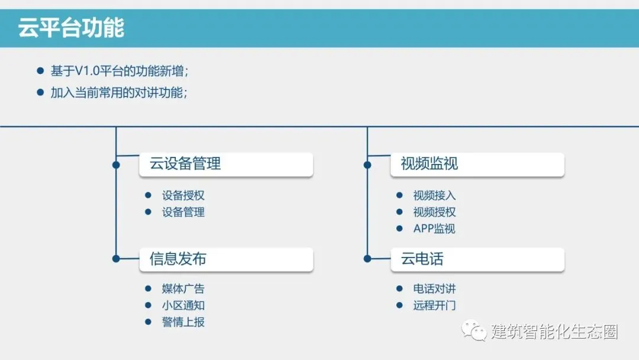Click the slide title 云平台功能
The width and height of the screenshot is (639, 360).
click(x=71, y=28)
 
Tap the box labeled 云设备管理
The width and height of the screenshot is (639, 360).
click(x=225, y=164)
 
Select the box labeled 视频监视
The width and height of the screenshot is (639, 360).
click(x=477, y=164)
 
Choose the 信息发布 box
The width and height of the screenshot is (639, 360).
click(x=225, y=259)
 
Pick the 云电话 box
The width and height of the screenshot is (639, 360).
click(x=477, y=259)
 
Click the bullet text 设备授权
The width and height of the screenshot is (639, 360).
click(x=183, y=195)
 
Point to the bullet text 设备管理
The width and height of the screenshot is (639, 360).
click(x=183, y=212)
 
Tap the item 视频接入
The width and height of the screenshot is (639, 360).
click(x=434, y=195)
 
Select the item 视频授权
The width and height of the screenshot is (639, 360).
click(x=434, y=212)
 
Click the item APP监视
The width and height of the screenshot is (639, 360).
click(x=434, y=229)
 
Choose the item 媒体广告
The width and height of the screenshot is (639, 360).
click(x=183, y=289)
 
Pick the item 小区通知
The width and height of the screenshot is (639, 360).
click(x=183, y=306)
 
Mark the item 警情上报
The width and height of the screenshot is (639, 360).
click(x=183, y=322)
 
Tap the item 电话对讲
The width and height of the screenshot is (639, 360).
click(x=434, y=289)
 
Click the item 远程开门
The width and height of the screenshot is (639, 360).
click(x=434, y=306)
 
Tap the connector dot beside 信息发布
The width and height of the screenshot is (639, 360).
click(x=116, y=259)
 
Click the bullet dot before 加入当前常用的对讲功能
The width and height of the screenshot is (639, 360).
click(x=40, y=92)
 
